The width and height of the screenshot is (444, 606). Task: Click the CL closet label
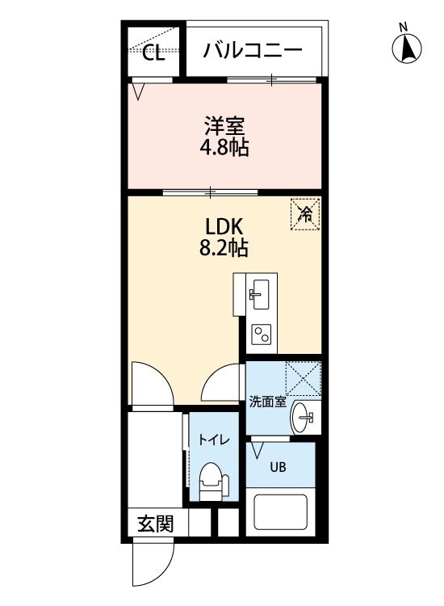pos(153,53)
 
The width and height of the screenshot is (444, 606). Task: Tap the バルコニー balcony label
pos(253,51)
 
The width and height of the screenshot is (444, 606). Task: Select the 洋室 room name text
pos(224,126)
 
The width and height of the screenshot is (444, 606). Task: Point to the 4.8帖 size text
pos(224,147)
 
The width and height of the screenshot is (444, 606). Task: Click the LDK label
pos(224,227)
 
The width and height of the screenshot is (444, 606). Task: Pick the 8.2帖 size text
pos(224,248)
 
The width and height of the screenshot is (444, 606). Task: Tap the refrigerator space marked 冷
pos(305,214)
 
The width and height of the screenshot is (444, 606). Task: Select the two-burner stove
pos(262,334)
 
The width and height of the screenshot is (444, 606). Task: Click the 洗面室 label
pos(267,402)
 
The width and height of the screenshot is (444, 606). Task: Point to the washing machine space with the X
pos(303,378)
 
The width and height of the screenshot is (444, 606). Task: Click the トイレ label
pos(214,440)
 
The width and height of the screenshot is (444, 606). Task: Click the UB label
pos(278,467)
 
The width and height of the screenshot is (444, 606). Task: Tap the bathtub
pos(281,512)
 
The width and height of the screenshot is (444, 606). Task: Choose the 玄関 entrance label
pos(156,524)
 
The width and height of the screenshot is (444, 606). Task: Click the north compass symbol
pos(407,49)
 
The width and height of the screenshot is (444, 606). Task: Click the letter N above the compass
pos(404,27)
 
